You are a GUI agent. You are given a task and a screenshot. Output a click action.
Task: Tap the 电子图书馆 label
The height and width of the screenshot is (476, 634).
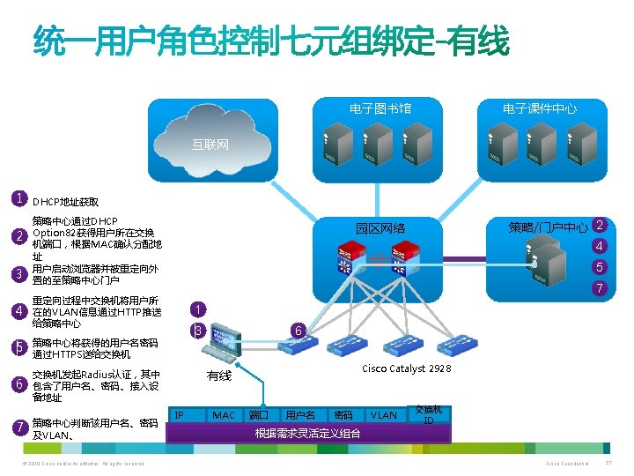(x=380, y=108)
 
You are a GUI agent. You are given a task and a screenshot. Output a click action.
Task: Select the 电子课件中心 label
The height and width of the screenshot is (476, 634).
(x=540, y=108)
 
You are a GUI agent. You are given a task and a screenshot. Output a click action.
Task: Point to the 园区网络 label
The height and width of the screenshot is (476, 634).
(x=380, y=228)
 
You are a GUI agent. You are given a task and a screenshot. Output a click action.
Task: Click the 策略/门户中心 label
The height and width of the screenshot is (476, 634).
(x=548, y=228)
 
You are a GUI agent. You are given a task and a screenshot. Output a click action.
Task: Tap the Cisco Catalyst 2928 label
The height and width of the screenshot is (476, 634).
(x=407, y=368)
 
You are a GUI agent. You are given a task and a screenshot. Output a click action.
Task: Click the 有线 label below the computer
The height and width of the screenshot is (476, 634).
(x=218, y=376)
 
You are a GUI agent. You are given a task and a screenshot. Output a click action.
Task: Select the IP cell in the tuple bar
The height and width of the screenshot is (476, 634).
(x=179, y=414)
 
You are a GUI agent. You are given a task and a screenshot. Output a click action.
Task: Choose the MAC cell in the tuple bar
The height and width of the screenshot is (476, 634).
(x=224, y=414)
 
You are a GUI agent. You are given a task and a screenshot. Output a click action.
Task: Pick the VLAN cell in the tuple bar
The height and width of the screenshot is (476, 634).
(x=383, y=414)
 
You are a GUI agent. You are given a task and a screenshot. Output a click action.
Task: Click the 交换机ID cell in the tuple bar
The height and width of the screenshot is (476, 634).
(x=429, y=414)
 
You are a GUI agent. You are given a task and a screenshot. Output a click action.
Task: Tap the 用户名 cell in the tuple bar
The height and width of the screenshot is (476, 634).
(x=300, y=414)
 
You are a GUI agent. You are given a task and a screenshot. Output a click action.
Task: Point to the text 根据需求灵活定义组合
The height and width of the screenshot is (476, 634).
(x=307, y=433)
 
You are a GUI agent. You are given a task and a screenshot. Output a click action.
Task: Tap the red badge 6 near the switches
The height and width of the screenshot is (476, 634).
(x=299, y=331)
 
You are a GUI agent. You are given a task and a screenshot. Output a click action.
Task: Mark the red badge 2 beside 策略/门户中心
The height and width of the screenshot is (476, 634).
(x=600, y=226)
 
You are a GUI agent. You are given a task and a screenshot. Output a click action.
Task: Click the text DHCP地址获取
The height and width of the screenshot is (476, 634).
(x=65, y=201)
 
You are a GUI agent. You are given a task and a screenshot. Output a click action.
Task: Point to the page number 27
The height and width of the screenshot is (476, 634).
(x=608, y=464)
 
